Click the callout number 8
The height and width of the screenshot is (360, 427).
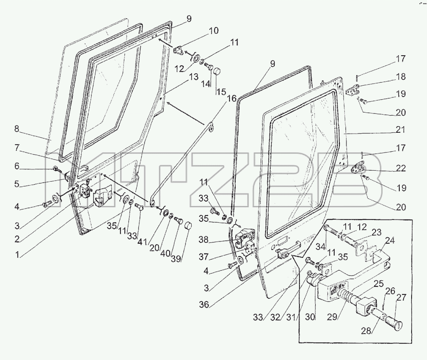tap(17, 129)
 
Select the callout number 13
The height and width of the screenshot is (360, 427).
tap(193, 77)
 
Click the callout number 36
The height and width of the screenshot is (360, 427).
tap(204, 305)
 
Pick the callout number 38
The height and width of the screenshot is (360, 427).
tap(204, 240)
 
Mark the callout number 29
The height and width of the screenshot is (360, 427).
tap(332, 317)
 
